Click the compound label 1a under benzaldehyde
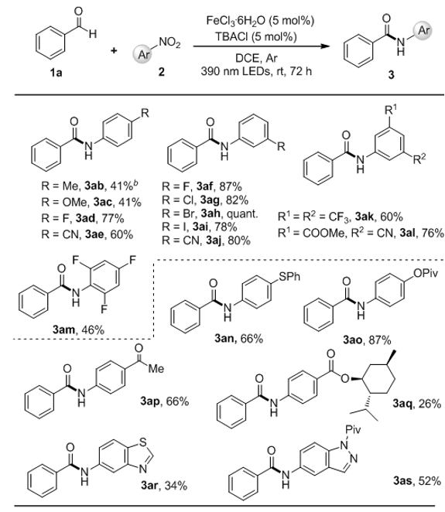(56, 73)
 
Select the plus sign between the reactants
(114, 50)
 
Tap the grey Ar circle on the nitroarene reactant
(143, 54)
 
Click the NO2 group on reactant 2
(169, 43)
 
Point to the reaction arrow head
(325, 46)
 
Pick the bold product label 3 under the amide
(391, 75)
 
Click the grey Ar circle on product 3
(423, 30)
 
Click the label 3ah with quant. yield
(210, 213)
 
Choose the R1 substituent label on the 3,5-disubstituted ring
(390, 111)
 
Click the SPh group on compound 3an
(289, 277)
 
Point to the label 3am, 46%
(78, 329)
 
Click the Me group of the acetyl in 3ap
(156, 369)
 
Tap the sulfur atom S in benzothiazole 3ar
(142, 442)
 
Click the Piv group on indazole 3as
(353, 429)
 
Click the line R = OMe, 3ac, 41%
(91, 202)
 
